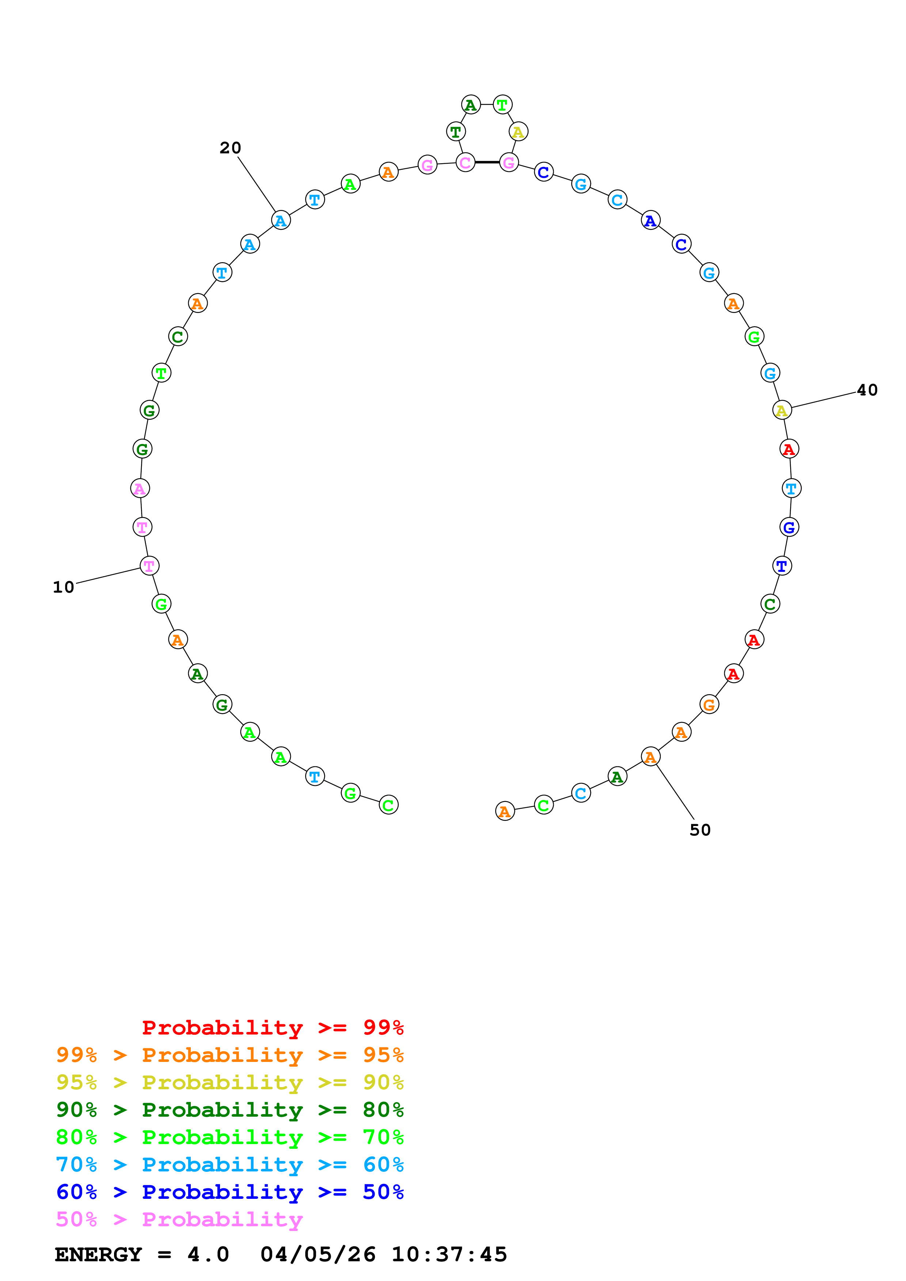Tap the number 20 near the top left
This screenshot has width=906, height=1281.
230,148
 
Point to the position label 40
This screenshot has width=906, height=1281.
867,390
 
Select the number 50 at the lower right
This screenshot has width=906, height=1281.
700,830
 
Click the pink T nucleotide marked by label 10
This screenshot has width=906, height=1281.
149,566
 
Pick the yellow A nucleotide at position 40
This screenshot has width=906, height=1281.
781,410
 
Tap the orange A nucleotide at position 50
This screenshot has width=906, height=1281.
650,757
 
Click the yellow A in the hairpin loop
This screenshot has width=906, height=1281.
518,132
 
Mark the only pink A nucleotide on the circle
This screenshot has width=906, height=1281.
140,488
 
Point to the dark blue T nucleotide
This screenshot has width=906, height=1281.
781,566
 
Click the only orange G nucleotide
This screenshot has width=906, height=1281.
709,705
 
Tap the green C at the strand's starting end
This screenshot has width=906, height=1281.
388,805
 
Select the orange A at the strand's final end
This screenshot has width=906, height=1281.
505,811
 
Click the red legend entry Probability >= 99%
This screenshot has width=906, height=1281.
272,1028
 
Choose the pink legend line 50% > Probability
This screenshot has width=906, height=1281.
179,1220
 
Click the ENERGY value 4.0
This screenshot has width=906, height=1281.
208,1255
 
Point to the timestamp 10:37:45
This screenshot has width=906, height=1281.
450,1255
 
